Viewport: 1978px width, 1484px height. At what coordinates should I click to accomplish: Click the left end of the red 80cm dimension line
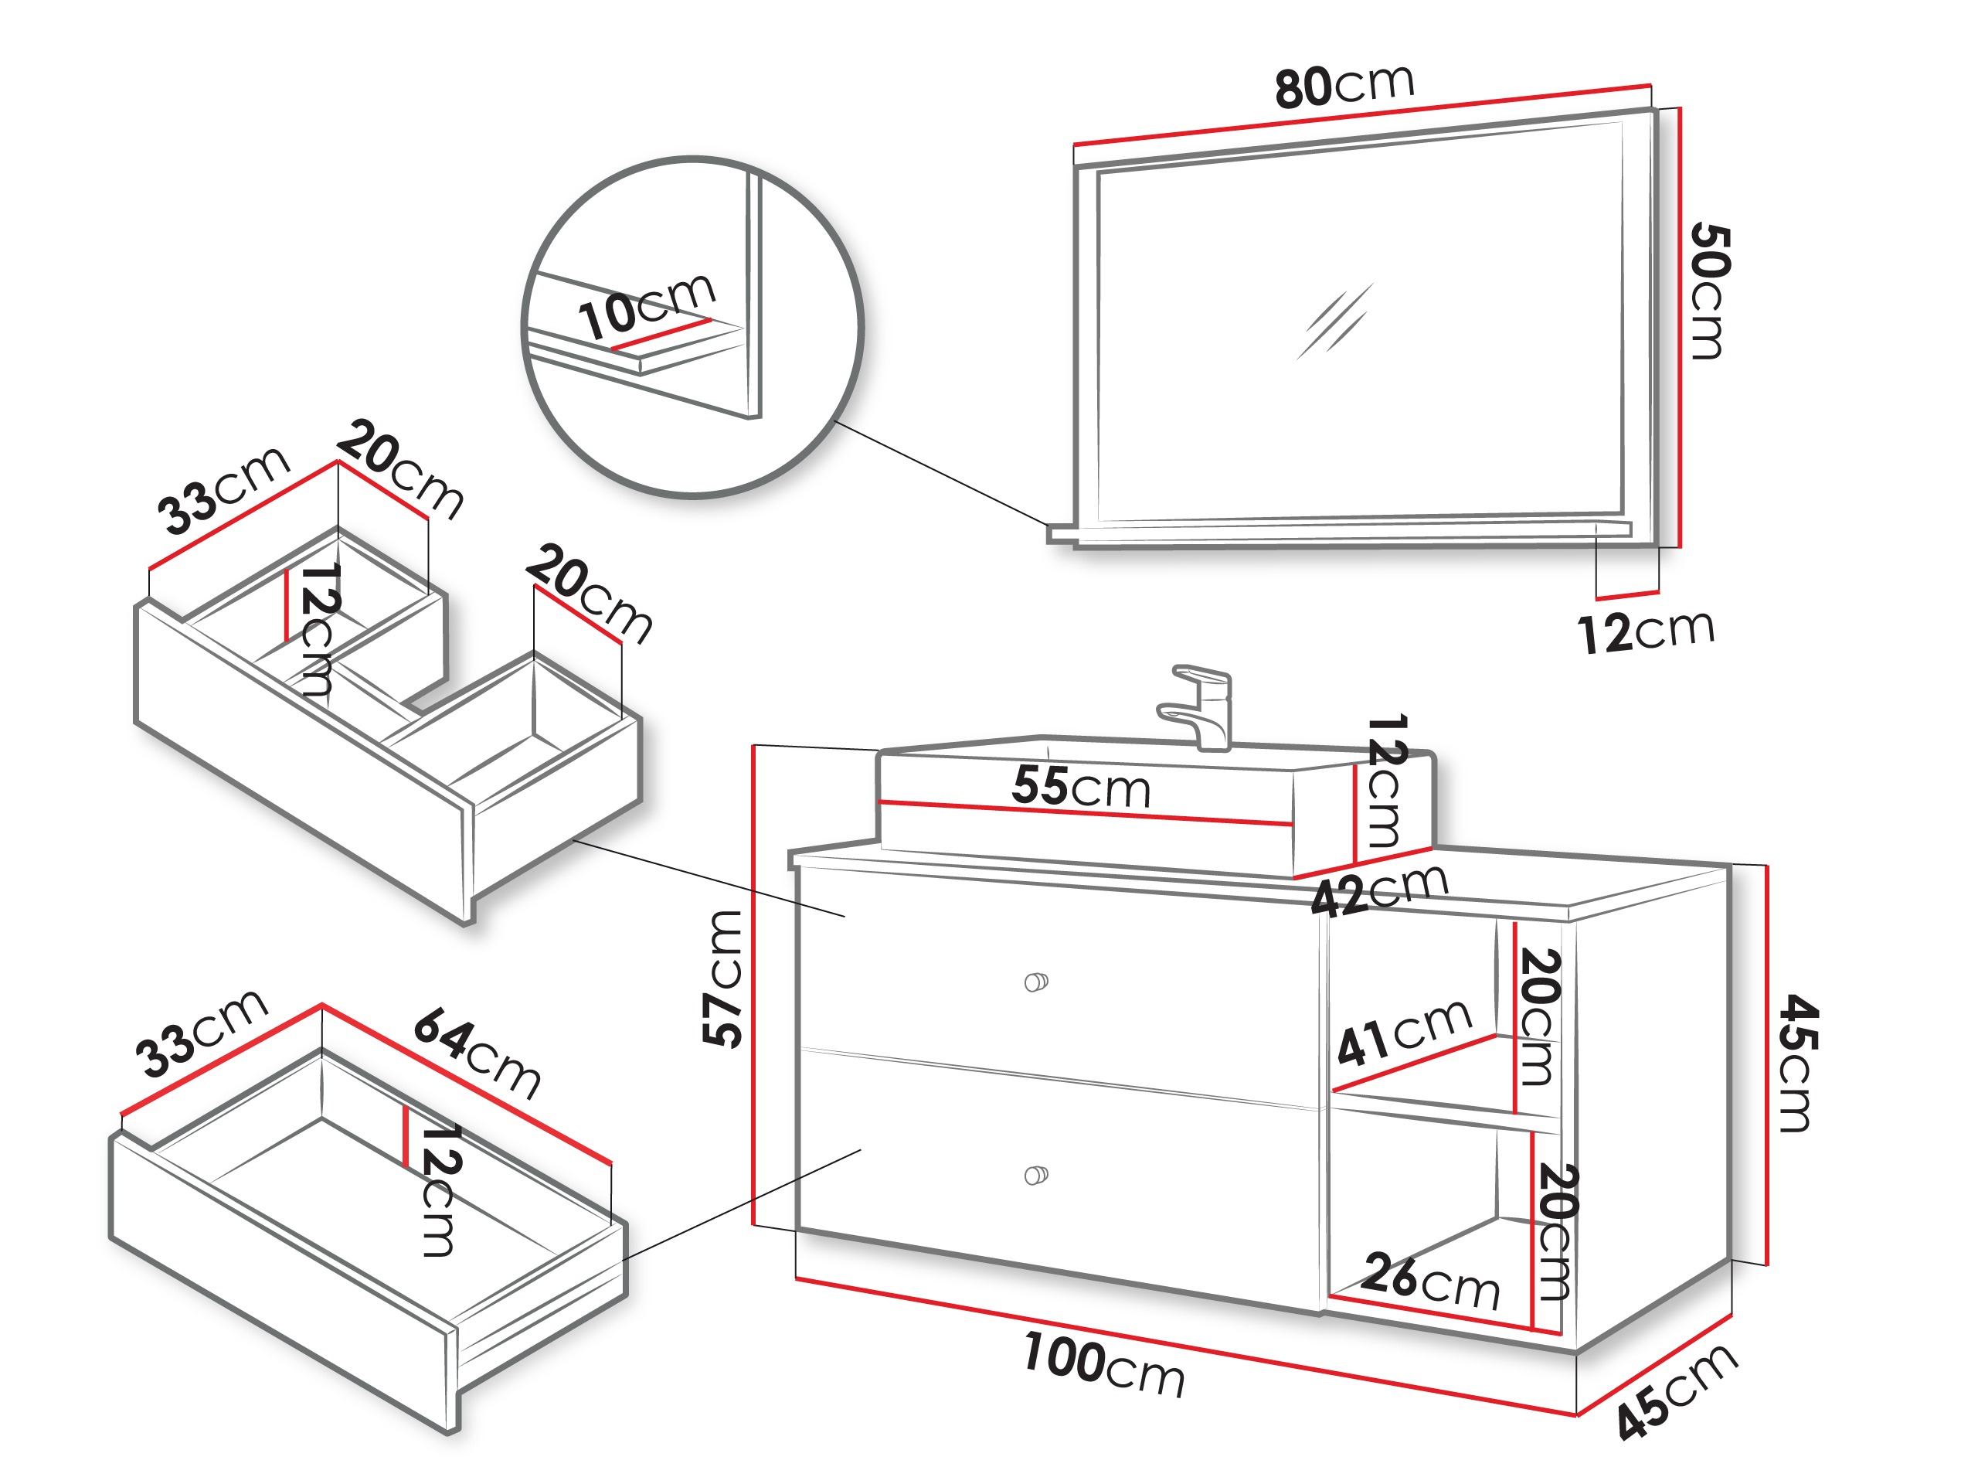point(1074,143)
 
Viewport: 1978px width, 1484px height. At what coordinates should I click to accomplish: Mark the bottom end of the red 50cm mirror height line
point(1681,546)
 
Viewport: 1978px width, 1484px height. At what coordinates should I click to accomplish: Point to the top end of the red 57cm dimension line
point(755,745)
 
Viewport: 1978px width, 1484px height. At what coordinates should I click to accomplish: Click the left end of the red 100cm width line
point(796,1279)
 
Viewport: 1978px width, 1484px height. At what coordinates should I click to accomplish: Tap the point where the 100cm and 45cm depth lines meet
point(1575,1415)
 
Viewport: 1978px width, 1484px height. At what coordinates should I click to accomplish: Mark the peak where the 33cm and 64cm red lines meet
point(322,1006)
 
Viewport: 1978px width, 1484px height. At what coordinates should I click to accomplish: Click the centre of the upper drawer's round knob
point(1035,982)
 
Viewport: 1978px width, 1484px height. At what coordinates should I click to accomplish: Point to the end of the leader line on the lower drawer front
point(860,1150)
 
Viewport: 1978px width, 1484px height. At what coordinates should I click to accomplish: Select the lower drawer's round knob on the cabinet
point(1035,1175)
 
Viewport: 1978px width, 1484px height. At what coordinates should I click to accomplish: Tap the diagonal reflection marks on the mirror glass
point(1334,322)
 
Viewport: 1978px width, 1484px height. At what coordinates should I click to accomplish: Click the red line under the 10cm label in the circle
point(661,333)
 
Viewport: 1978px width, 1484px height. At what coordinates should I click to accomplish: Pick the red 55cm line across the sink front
point(1086,813)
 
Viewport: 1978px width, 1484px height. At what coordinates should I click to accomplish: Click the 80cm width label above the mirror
point(1345,86)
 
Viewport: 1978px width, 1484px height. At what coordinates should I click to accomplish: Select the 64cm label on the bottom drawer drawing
point(477,1053)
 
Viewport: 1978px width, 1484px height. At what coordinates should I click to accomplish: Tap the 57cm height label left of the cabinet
point(722,978)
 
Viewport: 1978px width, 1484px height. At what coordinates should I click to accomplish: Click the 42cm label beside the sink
point(1380,890)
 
